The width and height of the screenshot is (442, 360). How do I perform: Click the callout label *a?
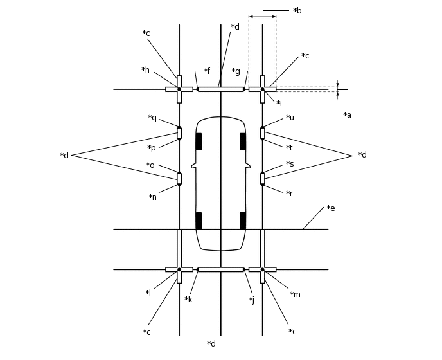click(347, 115)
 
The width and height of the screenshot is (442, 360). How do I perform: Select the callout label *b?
click(297, 11)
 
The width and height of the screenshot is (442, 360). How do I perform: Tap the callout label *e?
click(330, 208)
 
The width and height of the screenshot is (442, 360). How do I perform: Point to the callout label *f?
click(206, 71)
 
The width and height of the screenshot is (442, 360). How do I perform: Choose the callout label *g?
click(236, 71)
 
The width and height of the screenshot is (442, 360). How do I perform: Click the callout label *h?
click(145, 70)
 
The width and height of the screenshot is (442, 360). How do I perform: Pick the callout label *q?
click(152, 118)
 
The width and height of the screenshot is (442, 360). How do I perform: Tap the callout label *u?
click(290, 118)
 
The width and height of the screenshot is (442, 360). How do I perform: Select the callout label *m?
click(295, 294)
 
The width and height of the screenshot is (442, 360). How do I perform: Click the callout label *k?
click(188, 300)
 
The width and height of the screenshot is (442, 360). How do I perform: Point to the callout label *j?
click(251, 300)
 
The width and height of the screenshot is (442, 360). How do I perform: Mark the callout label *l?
click(148, 293)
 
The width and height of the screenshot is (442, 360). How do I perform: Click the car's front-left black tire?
click(199, 141)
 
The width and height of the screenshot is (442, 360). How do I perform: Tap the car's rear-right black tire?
click(243, 221)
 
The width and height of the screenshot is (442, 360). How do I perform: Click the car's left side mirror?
click(193, 166)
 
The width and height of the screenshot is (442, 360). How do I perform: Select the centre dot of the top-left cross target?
click(179, 89)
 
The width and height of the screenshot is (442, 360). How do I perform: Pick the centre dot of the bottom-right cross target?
click(262, 269)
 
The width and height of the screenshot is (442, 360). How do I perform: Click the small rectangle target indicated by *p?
click(179, 133)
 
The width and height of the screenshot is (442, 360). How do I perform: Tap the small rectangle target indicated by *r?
click(262, 179)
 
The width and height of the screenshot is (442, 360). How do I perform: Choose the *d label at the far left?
click(64, 156)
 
